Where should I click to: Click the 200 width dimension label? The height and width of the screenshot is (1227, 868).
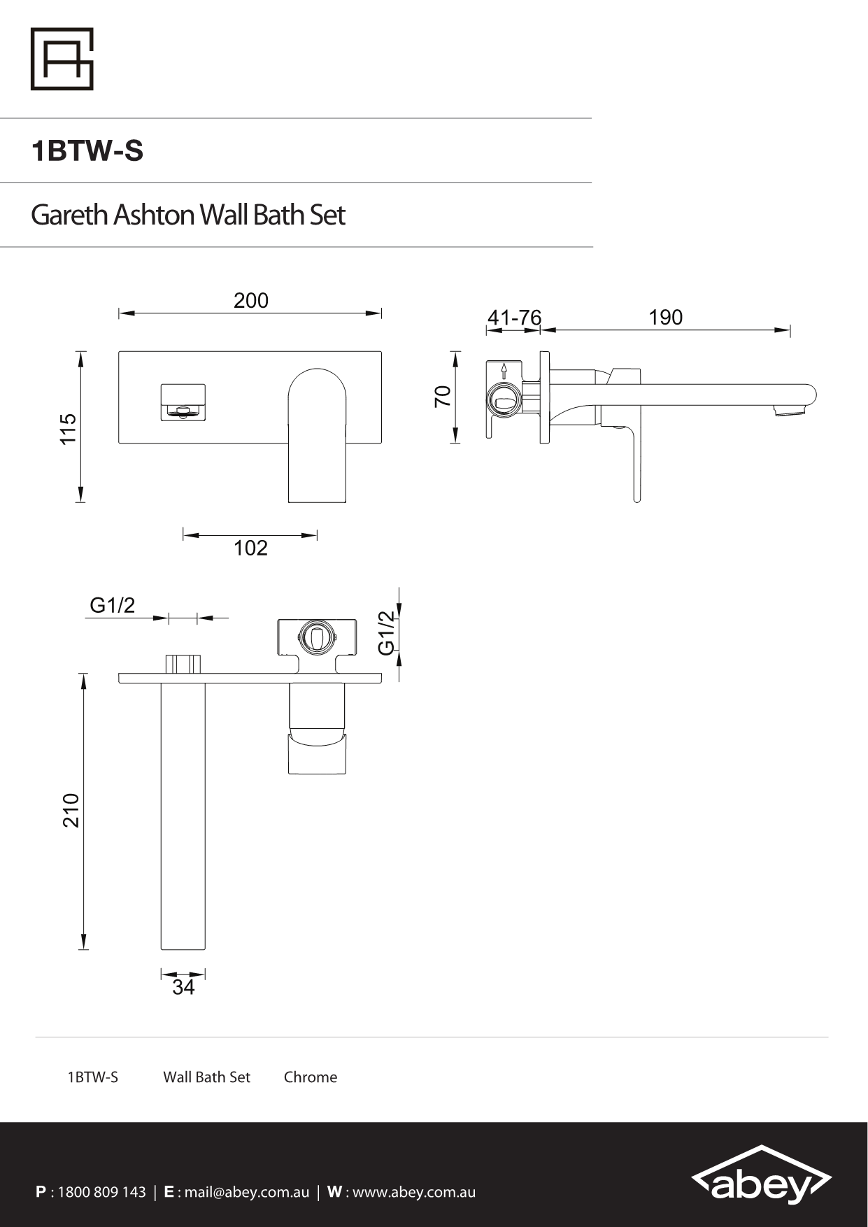[x=250, y=300]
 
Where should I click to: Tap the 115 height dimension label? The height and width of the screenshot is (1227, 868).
[x=68, y=428]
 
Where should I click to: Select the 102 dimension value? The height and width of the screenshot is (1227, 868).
[x=250, y=548]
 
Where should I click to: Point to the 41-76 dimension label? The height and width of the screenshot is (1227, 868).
[x=514, y=318]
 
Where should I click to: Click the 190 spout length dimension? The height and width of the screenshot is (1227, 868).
[x=665, y=318]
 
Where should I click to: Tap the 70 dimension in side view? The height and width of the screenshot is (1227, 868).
[x=443, y=397]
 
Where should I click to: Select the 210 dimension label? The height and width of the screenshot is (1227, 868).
[x=71, y=810]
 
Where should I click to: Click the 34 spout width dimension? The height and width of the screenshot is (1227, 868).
[x=183, y=987]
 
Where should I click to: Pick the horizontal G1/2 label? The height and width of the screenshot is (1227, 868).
[x=112, y=605]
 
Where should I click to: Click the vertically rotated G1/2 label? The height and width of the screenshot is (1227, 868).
[x=387, y=632]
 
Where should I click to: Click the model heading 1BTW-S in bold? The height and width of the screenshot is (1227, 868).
[x=87, y=151]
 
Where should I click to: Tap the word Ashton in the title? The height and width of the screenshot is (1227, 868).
[x=153, y=215]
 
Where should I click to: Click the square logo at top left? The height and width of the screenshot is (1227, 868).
[x=62, y=59]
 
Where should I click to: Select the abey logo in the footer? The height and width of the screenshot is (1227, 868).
[x=761, y=1179]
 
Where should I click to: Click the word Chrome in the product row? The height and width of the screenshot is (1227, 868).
[x=310, y=1077]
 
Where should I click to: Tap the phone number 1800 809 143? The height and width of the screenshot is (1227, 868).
[x=101, y=1192]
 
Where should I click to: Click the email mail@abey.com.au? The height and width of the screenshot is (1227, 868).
[x=246, y=1192]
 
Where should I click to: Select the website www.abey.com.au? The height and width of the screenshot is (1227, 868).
[x=413, y=1192]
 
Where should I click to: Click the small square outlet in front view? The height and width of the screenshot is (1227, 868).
[x=183, y=402]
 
